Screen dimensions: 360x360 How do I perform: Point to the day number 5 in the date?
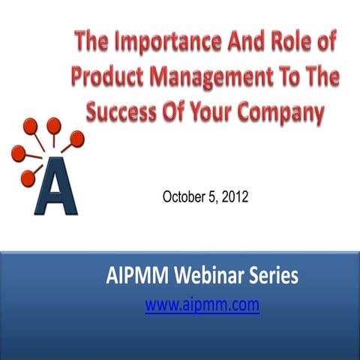click(216, 198)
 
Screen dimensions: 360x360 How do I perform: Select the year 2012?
click(237, 198)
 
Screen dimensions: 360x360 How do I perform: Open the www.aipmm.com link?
click(202, 305)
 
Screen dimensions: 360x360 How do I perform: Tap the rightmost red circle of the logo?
click(78, 137)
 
